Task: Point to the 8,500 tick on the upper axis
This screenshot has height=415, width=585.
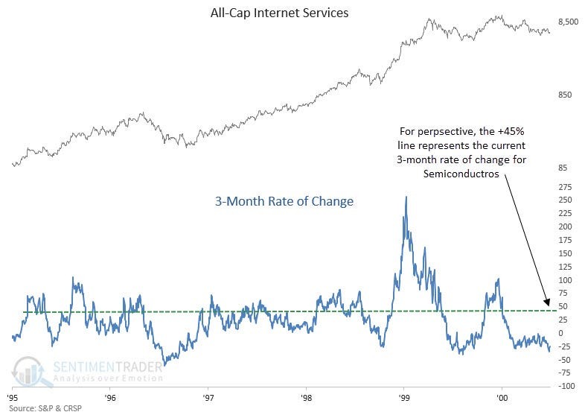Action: pyautogui.click(x=568, y=22)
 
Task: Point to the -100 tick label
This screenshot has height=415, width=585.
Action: pyautogui.click(x=567, y=386)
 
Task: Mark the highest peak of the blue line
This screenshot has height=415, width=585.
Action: pyautogui.click(x=406, y=197)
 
